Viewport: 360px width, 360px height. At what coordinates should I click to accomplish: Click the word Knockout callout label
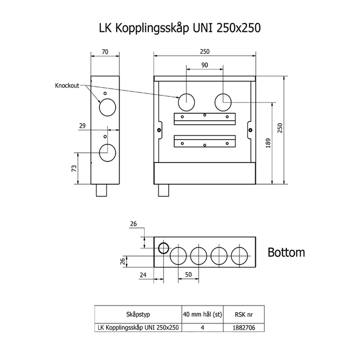click(x=67, y=86)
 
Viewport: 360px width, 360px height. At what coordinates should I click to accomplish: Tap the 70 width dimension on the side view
click(x=105, y=52)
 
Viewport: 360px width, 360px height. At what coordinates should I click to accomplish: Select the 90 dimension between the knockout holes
click(x=205, y=65)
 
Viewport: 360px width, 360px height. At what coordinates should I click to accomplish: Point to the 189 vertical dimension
click(x=268, y=143)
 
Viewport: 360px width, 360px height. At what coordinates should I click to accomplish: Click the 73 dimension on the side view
click(x=74, y=169)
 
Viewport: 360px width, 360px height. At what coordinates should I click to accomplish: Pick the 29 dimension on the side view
click(x=82, y=126)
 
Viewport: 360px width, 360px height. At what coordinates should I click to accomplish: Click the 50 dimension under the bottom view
click(x=188, y=275)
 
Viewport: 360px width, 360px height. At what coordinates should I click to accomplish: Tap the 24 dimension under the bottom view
click(x=143, y=275)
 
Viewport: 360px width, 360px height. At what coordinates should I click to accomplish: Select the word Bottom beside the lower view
click(x=286, y=252)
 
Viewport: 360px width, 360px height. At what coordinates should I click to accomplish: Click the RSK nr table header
click(x=244, y=315)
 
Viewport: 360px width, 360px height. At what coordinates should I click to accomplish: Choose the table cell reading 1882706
click(x=244, y=328)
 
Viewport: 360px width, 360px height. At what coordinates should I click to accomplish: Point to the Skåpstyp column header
click(x=138, y=314)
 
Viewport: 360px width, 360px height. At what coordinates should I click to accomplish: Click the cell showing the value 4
click(x=202, y=328)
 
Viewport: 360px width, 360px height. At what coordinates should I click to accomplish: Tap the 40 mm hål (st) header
click(x=202, y=314)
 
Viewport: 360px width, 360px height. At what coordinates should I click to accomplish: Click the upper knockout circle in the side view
click(x=107, y=107)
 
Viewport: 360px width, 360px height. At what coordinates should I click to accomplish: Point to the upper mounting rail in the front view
click(x=205, y=119)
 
